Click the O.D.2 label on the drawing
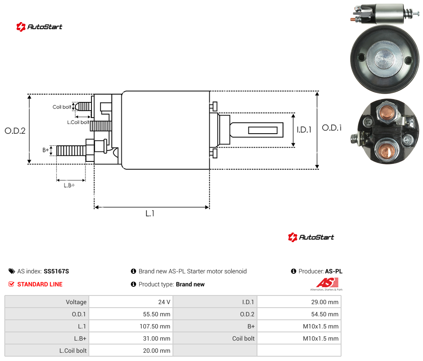(15, 131)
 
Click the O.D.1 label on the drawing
(332, 128)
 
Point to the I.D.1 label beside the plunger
(304, 130)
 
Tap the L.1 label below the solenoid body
(150, 213)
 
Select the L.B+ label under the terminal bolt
(69, 185)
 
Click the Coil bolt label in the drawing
(62, 107)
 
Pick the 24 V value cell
(164, 302)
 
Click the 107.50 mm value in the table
(155, 326)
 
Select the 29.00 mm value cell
(325, 302)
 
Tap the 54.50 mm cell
(325, 314)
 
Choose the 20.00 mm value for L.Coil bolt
(156, 351)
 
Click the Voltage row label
(76, 302)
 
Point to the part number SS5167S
(56, 271)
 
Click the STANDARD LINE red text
(40, 284)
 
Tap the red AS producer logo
(327, 283)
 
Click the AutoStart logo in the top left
(39, 27)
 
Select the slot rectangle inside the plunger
(263, 131)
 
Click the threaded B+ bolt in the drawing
(71, 151)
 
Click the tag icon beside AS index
(12, 271)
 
